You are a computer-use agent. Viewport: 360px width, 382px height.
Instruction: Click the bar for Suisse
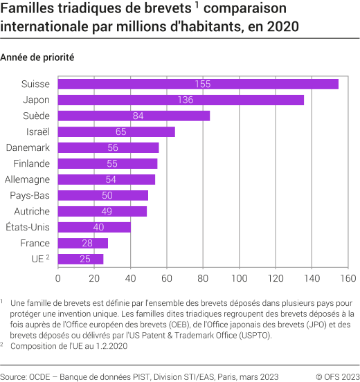(198, 84)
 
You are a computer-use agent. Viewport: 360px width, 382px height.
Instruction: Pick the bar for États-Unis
(94, 227)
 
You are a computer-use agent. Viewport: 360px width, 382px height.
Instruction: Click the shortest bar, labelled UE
(80, 259)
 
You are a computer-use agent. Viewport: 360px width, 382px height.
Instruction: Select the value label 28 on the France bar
(88, 243)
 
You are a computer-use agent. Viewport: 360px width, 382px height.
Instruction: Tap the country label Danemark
(28, 147)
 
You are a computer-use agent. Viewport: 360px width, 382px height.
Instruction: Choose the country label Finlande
(31, 163)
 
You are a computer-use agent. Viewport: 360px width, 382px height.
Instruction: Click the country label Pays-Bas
(30, 195)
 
